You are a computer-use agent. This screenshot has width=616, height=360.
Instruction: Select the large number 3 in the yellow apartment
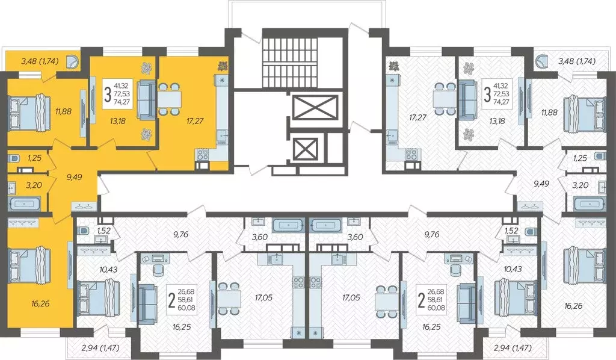[107, 95]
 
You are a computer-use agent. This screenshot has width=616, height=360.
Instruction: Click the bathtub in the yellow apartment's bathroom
[24, 203]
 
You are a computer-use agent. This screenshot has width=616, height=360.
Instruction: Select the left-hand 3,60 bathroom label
[259, 237]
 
